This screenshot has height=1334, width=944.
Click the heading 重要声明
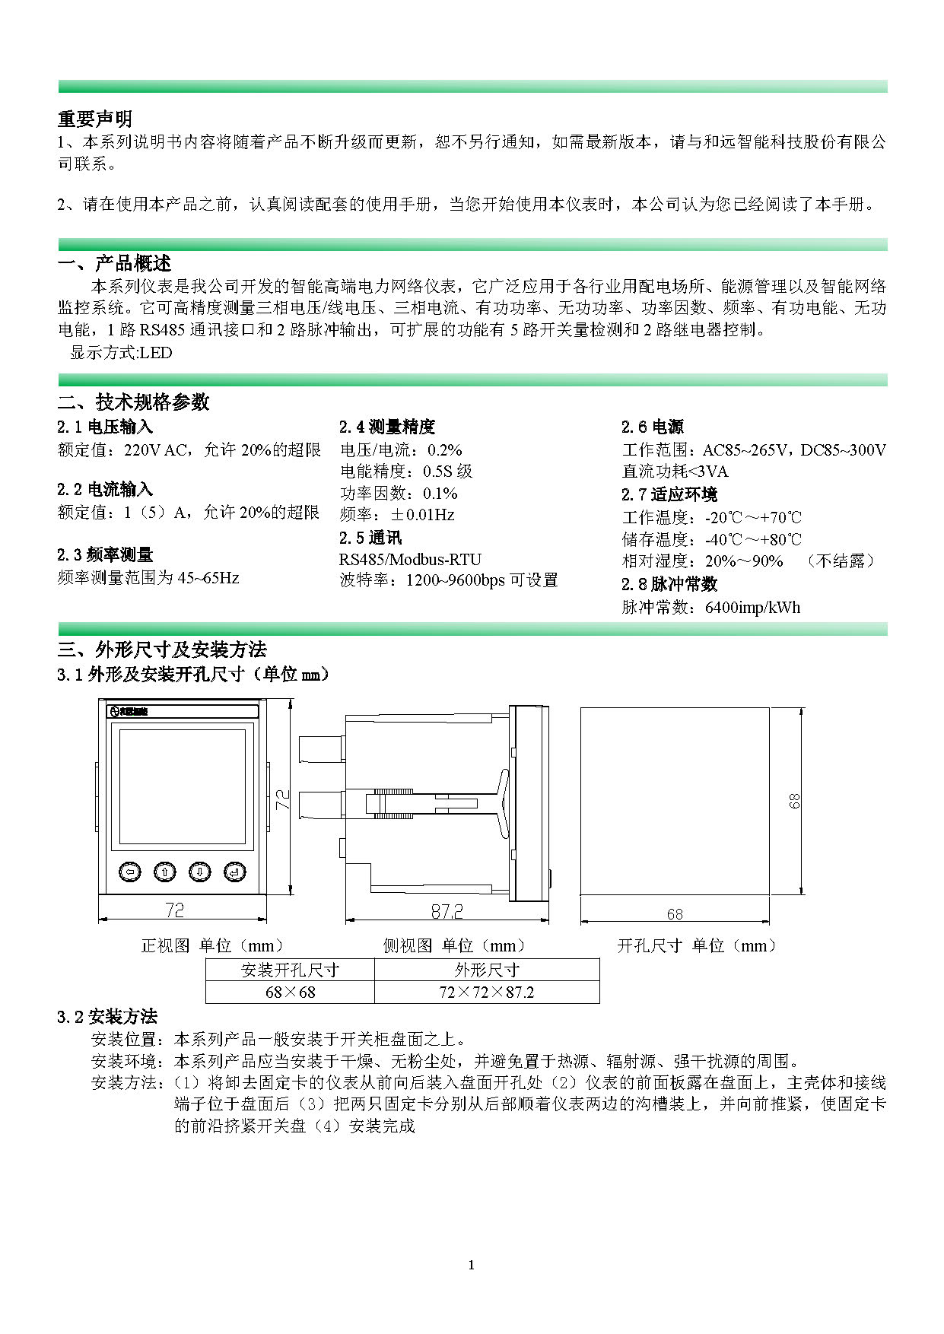[x=95, y=119]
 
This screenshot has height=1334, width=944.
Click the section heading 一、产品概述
[x=115, y=263]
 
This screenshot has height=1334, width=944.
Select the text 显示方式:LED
[x=121, y=352]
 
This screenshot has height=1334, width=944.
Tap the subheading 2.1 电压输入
[x=105, y=427]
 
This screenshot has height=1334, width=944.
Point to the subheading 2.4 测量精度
[x=387, y=427]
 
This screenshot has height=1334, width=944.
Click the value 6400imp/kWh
[x=752, y=607]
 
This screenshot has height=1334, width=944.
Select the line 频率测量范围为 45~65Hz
[x=148, y=577]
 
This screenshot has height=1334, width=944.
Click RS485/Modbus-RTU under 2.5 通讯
[x=410, y=559]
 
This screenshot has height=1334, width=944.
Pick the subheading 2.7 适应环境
[x=669, y=494]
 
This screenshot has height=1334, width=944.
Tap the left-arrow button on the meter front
[x=130, y=872]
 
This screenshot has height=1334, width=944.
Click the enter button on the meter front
[x=235, y=872]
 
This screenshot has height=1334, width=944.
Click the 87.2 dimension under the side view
[x=447, y=910]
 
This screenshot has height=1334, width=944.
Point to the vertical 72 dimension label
[x=283, y=799]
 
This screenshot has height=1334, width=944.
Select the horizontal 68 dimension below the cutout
[x=675, y=913]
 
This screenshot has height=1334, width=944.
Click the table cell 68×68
[x=290, y=992]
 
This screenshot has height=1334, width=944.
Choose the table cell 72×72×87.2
[x=487, y=992]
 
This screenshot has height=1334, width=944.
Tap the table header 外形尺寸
[x=487, y=970]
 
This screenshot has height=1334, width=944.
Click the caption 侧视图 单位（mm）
[x=454, y=945]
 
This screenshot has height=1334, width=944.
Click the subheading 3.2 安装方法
[x=107, y=1016]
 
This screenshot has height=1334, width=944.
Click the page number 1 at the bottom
[x=472, y=1265]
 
